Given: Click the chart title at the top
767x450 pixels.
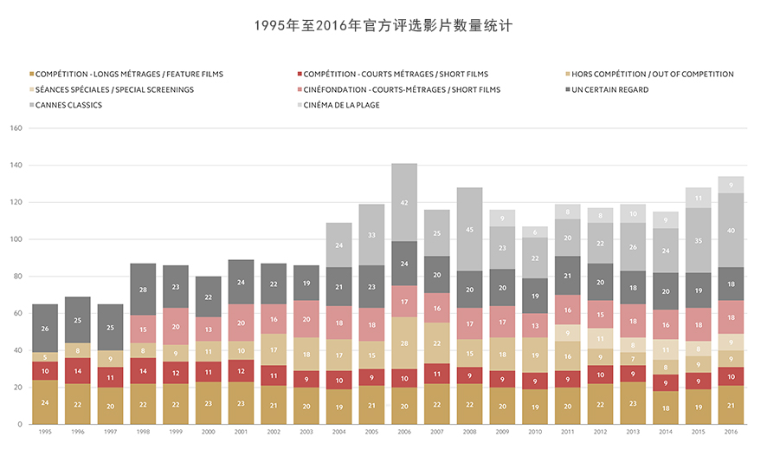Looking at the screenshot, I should pyautogui.click(x=383, y=26).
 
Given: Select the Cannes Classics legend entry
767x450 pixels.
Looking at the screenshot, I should pyautogui.click(x=68, y=106).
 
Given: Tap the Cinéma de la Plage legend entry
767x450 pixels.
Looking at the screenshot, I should pyautogui.click(x=341, y=106).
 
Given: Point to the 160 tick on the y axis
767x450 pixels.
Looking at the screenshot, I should pyautogui.click(x=15, y=128).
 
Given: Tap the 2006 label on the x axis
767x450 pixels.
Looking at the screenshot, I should pyautogui.click(x=403, y=431).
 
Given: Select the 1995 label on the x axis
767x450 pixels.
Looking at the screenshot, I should pyautogui.click(x=45, y=431).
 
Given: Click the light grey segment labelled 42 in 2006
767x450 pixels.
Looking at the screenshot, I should pyautogui.click(x=403, y=202).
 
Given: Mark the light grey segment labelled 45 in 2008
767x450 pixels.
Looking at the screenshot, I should pyautogui.click(x=470, y=230).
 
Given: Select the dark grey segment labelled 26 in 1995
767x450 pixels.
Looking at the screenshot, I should pyautogui.click(x=45, y=329).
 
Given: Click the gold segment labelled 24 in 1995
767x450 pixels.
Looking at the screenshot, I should pyautogui.click(x=45, y=402).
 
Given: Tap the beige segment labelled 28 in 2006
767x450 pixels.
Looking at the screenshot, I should pyautogui.click(x=403, y=343).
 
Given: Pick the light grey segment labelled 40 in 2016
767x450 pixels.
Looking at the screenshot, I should pyautogui.click(x=731, y=230).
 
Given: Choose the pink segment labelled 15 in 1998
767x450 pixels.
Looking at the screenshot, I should pyautogui.click(x=143, y=329).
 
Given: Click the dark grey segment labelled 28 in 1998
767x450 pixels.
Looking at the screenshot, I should pyautogui.click(x=143, y=289).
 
